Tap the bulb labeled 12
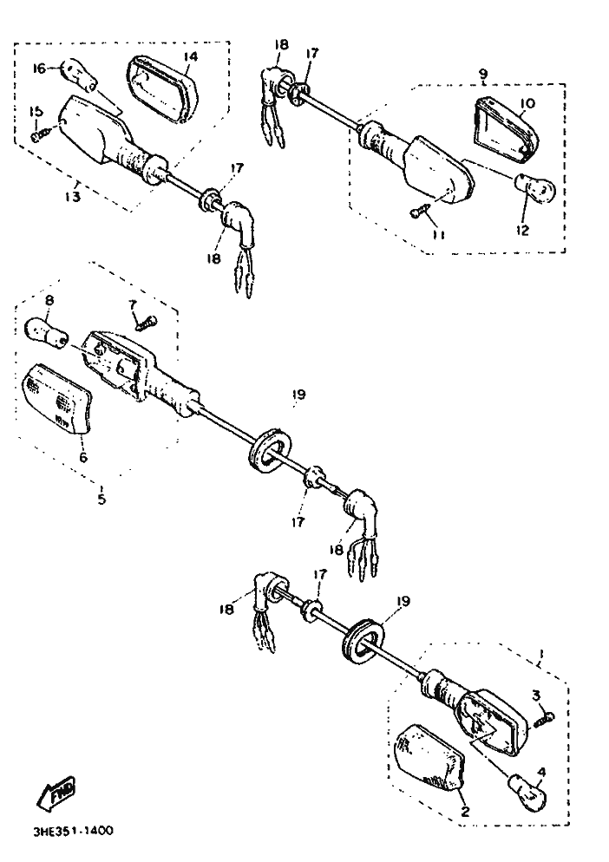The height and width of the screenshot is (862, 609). (x=535, y=187)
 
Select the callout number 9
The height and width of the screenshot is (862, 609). (x=483, y=73)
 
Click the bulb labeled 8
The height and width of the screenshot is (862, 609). (x=49, y=333)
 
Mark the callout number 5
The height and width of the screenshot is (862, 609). (x=101, y=500)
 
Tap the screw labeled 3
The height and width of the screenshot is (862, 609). (x=546, y=716)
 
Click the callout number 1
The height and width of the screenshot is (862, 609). (x=541, y=654)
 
